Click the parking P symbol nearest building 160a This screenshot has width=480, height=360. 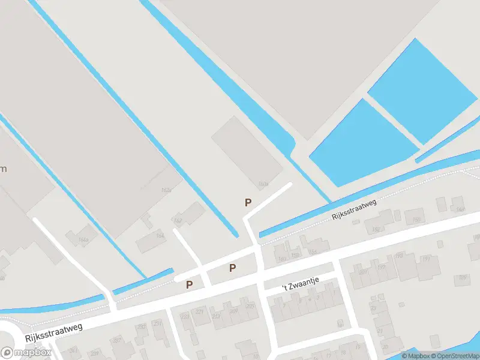pyautogui.click(x=248, y=203)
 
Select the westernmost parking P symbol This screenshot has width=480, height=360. pyautogui.click(x=190, y=285)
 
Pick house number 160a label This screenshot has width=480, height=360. pyautogui.click(x=262, y=183)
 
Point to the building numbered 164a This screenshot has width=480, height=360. pyautogui.click(x=83, y=240)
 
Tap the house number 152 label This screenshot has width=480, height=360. pyautogui.click(x=377, y=229)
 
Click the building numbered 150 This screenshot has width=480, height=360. pyautogui.click(x=416, y=220)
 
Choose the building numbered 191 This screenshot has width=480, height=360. pyautogui.click(x=427, y=259)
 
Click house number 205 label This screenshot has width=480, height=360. pyautogui.click(x=250, y=306)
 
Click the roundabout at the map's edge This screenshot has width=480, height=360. pyautogui.click(x=6, y=339)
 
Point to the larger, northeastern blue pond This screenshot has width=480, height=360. pyautogui.click(x=423, y=90)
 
